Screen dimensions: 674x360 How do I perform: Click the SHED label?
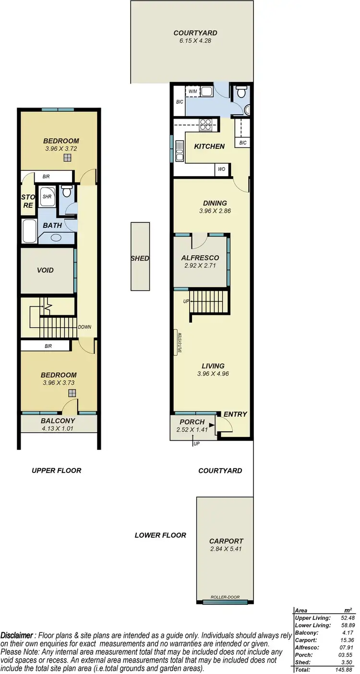click(x=140, y=258)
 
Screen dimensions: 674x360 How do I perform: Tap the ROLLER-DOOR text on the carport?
click(x=225, y=598)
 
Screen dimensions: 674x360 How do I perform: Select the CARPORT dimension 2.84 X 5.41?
click(x=226, y=549)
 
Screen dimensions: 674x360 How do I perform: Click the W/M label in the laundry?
click(x=193, y=91)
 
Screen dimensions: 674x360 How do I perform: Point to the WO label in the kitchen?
click(x=222, y=169)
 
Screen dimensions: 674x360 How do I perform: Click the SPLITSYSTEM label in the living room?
click(x=180, y=343)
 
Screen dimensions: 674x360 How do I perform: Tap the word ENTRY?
click(x=235, y=414)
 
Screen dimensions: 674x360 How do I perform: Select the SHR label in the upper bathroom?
click(x=47, y=196)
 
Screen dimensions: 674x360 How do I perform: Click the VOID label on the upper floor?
click(x=46, y=270)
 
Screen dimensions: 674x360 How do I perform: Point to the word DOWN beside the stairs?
click(x=84, y=327)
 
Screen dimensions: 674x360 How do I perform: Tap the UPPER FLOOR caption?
click(x=57, y=470)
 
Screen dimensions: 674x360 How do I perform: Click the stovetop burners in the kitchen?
click(x=205, y=124)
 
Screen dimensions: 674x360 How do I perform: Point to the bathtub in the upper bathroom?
click(x=29, y=231)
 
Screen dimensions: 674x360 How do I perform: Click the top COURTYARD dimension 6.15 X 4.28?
click(x=195, y=41)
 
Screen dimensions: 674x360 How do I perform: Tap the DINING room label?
click(x=215, y=203)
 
